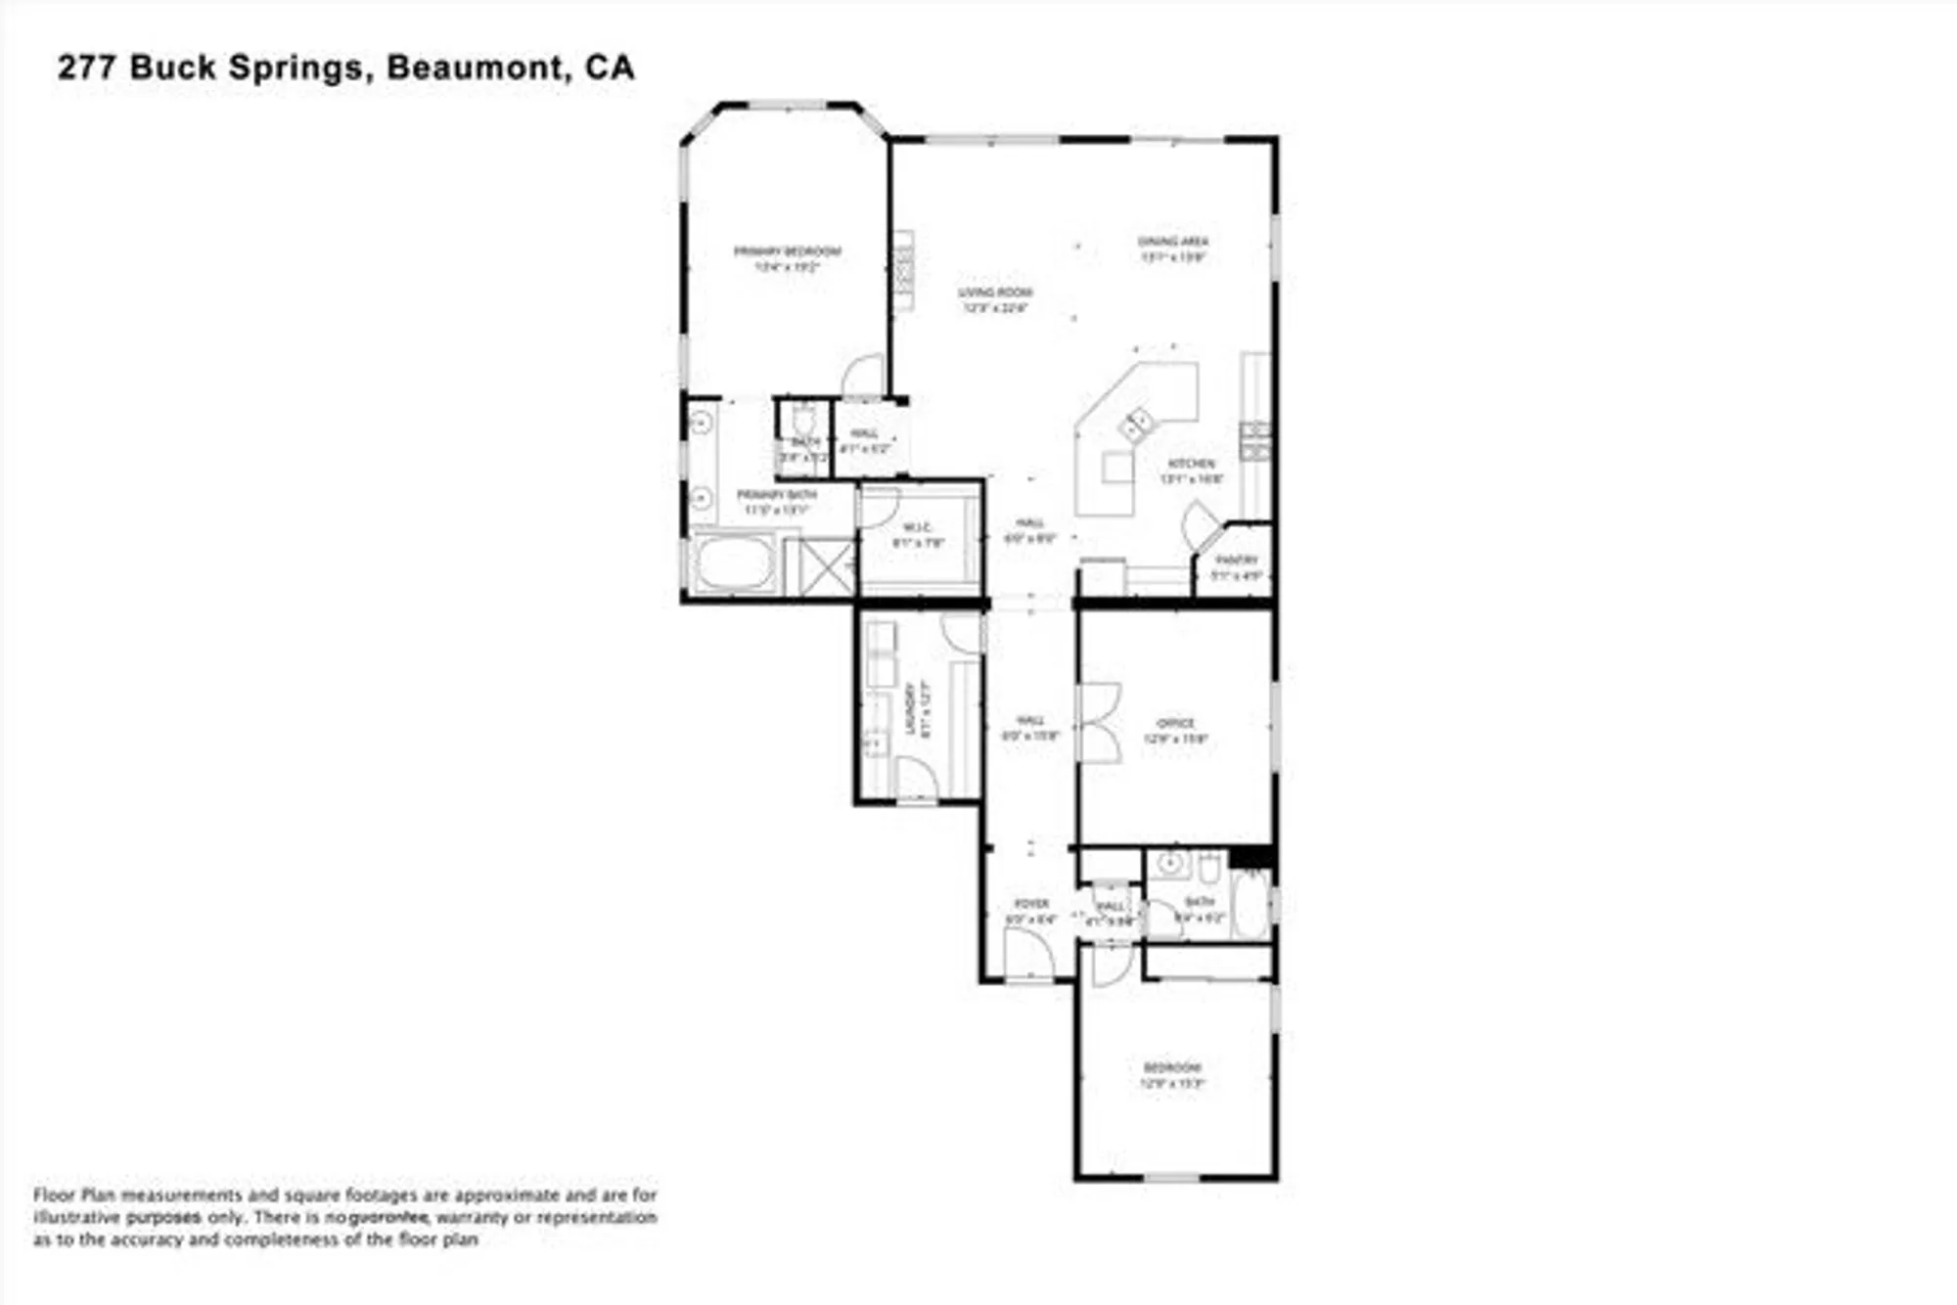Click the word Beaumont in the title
(476, 67)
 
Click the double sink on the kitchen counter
(1137, 425)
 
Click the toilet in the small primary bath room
(803, 421)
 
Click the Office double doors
(1100, 722)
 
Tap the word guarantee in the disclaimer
(388, 1218)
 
